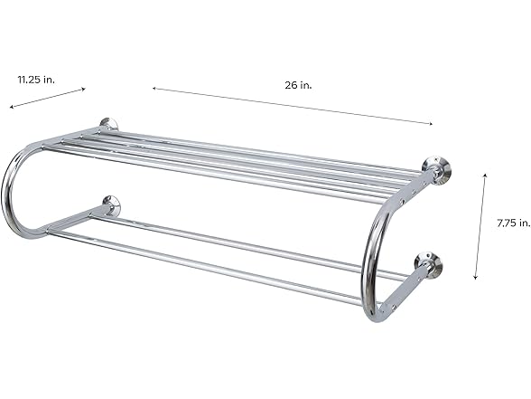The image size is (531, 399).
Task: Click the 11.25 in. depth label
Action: [x=37, y=80]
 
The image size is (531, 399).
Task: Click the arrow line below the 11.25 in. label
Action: [x=48, y=98]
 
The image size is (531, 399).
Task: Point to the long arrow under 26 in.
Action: [x=292, y=106]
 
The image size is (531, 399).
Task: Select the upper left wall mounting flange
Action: [x=109, y=125]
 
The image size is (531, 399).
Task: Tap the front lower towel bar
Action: [x=208, y=267]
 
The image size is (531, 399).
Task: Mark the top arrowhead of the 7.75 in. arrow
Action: [x=486, y=176]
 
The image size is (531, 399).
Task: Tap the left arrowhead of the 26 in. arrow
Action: [x=154, y=88]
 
